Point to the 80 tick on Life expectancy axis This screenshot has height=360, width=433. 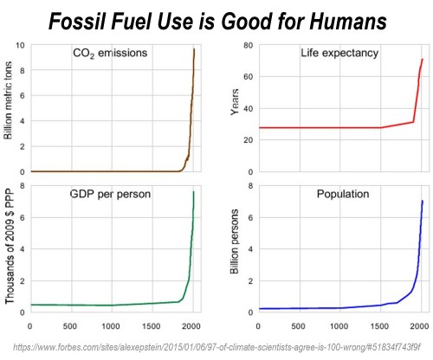point(248,44)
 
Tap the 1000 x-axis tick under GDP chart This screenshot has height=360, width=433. point(109,326)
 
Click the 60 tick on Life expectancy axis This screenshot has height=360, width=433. point(248,76)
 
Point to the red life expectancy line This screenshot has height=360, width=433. point(329,128)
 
